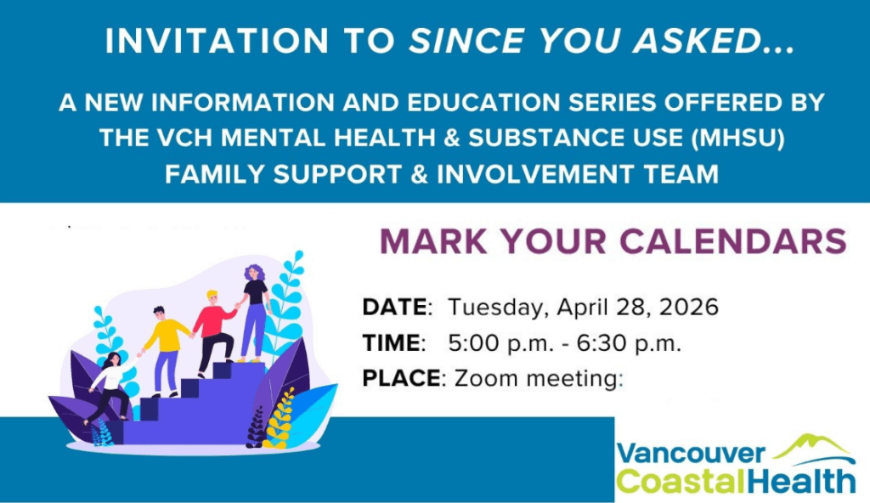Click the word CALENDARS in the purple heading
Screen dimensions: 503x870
point(733,241)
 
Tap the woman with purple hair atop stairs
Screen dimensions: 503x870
point(254,310)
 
